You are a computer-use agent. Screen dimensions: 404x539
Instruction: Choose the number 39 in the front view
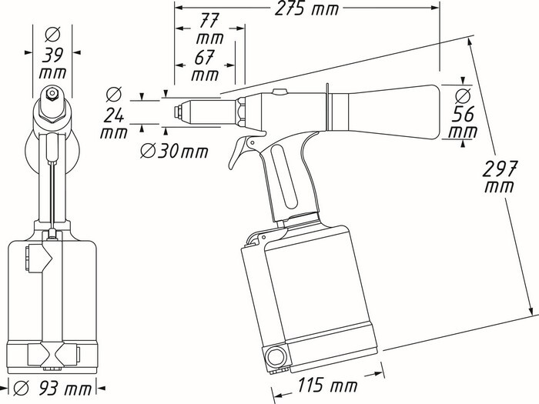pos(53,58)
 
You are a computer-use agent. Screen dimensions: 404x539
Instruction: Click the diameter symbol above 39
pos(52,35)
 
